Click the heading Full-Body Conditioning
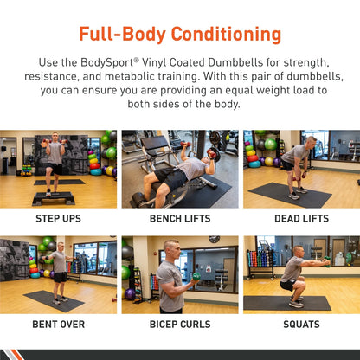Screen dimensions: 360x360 [180, 35]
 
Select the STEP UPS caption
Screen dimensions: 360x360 [59, 219]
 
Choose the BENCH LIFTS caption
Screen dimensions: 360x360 [179, 219]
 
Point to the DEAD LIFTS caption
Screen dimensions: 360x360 [301, 219]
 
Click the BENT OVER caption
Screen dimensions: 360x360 [59, 325]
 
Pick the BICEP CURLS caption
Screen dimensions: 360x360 [179, 325]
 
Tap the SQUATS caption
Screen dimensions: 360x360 [301, 325]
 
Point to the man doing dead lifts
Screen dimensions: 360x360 [297, 164]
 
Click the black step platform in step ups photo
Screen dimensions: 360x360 [54, 197]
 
